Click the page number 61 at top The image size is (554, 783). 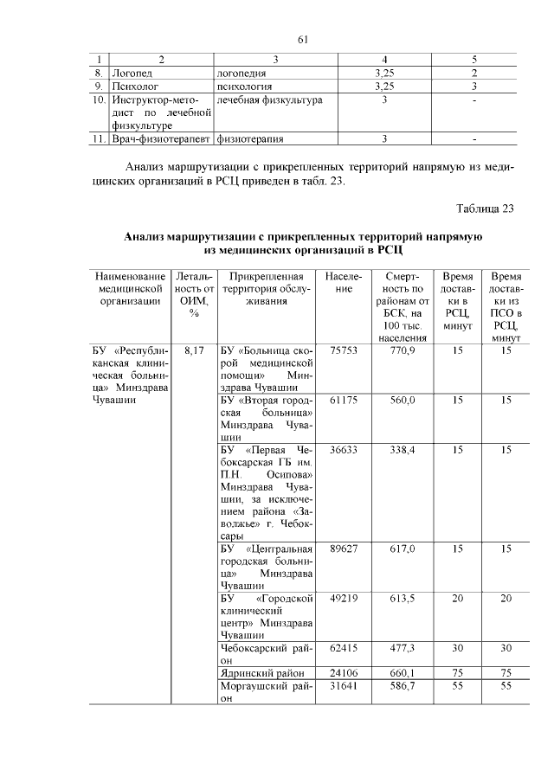[303, 40]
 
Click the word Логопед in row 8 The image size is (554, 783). [132, 74]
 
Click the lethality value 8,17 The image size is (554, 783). [195, 350]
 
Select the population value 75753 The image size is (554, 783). [344, 350]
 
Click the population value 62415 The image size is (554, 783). [344, 647]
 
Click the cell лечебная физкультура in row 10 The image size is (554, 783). [269, 99]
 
